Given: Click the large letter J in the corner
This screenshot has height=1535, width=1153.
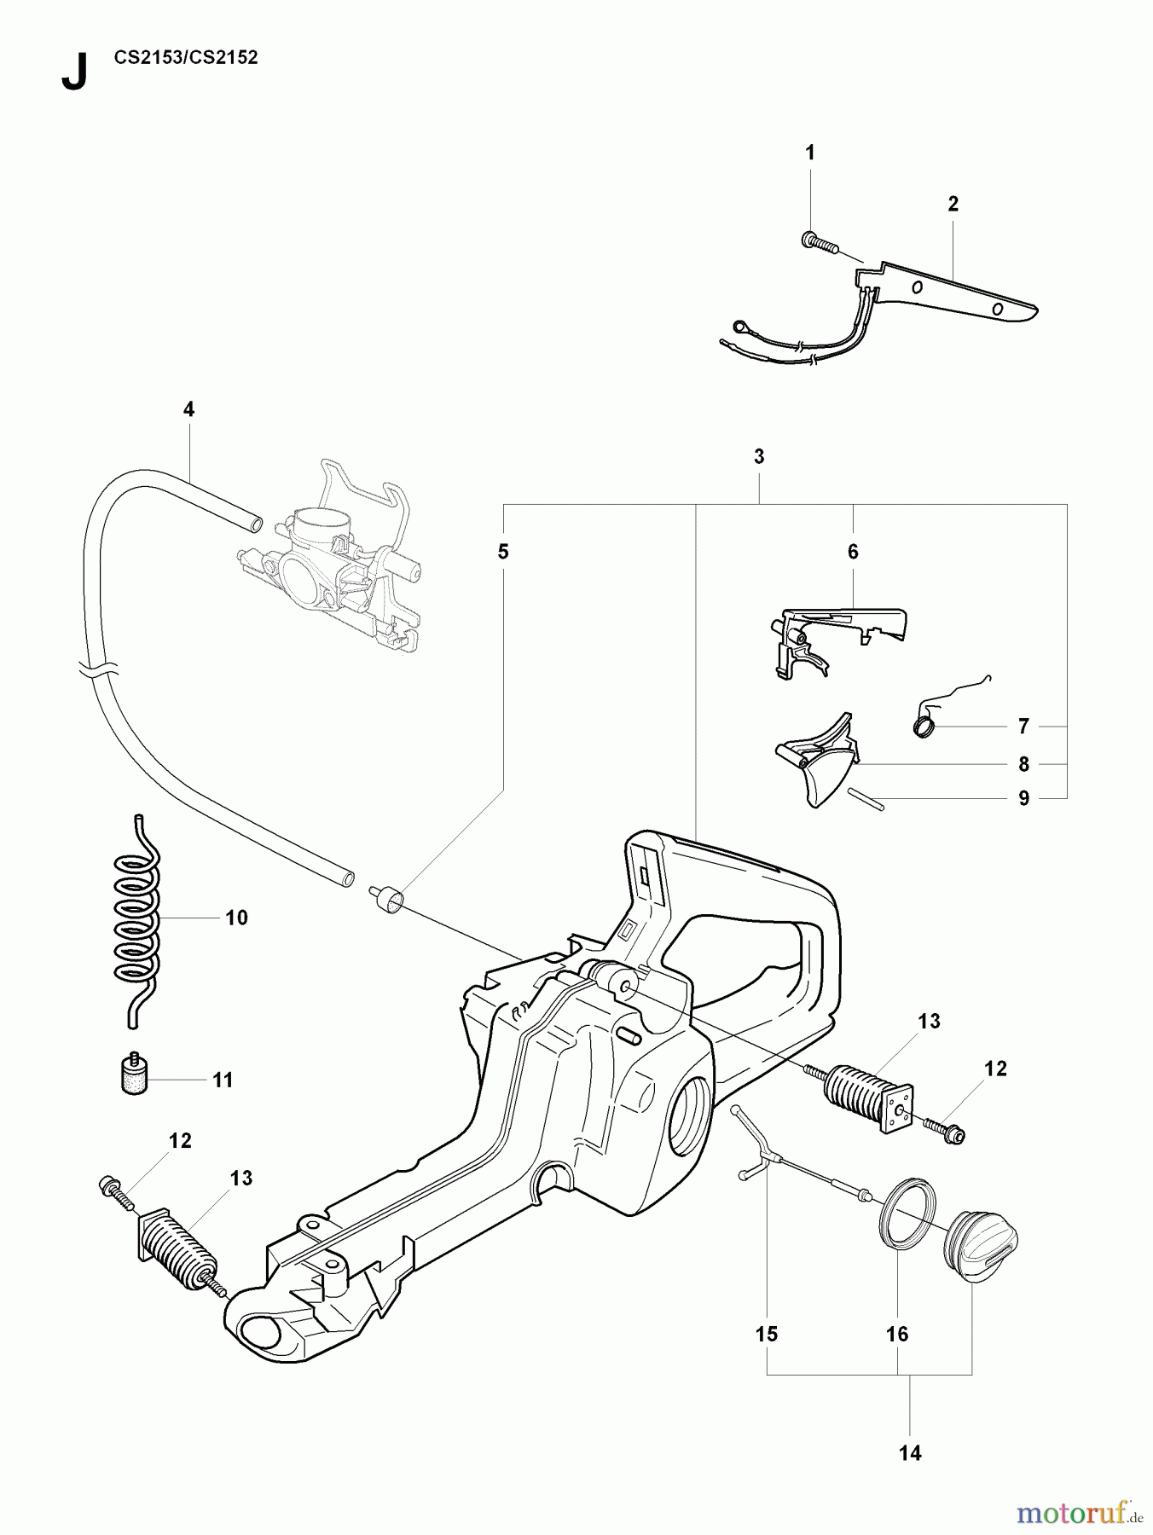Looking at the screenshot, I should [74, 72].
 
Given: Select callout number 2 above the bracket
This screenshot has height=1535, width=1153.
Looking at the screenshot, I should [953, 204].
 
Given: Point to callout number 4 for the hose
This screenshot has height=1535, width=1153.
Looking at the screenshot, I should [188, 409].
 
